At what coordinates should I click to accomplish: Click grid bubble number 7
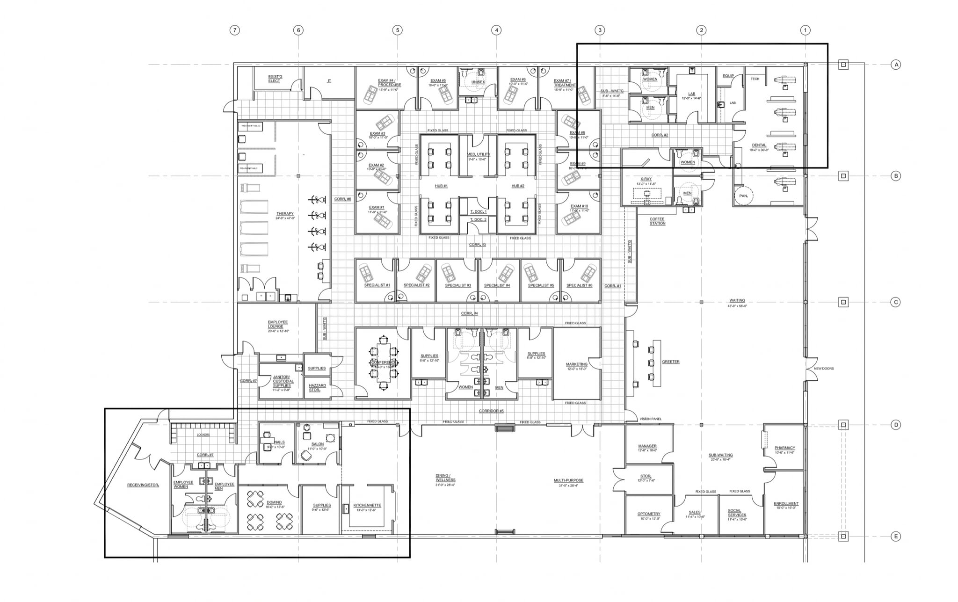pyautogui.click(x=235, y=30)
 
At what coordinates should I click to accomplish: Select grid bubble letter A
pyautogui.click(x=896, y=65)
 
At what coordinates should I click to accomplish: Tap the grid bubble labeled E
pyautogui.click(x=896, y=537)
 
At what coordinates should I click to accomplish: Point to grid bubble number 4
pyautogui.click(x=496, y=30)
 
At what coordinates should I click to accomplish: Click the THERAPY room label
pyautogui.click(x=284, y=214)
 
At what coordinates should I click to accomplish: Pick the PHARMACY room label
pyautogui.click(x=784, y=448)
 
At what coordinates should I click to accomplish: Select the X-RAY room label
pyautogui.click(x=646, y=179)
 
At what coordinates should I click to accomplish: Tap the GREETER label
pyautogui.click(x=670, y=362)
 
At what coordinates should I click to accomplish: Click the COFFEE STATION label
pyautogui.click(x=657, y=221)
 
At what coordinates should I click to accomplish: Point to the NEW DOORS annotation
pyautogui.click(x=823, y=369)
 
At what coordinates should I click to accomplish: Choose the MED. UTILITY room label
pyautogui.click(x=479, y=154)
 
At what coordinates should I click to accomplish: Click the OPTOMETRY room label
pyautogui.click(x=649, y=514)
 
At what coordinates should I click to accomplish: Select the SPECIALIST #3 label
pyautogui.click(x=457, y=285)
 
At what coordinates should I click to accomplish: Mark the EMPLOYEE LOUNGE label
pyautogui.click(x=278, y=322)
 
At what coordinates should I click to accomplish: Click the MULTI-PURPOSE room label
pyautogui.click(x=568, y=480)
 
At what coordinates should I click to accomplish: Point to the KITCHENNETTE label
pyautogui.click(x=367, y=505)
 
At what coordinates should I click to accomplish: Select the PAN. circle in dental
pyautogui.click(x=743, y=196)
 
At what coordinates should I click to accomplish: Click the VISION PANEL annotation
pyautogui.click(x=650, y=419)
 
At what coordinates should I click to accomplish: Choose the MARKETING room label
pyautogui.click(x=576, y=364)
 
